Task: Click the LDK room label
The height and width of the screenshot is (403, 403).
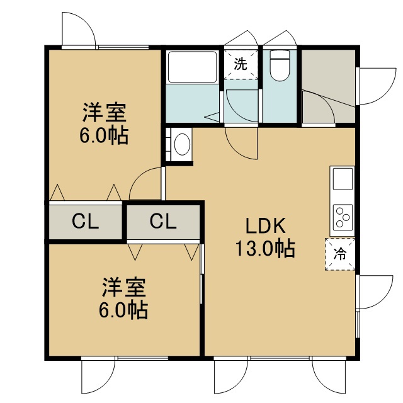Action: click(x=266, y=225)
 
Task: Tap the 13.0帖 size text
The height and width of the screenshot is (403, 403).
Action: click(x=265, y=249)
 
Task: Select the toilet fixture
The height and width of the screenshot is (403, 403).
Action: click(x=280, y=65)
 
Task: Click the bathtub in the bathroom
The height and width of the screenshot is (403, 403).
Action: click(x=192, y=67)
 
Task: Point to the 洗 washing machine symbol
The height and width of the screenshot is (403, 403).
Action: click(x=241, y=64)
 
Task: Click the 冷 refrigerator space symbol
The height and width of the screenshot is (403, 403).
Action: click(x=340, y=254)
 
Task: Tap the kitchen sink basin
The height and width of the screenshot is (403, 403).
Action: click(x=343, y=179)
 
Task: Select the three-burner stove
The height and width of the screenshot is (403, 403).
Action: click(x=343, y=217)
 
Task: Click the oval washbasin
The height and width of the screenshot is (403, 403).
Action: click(x=182, y=144)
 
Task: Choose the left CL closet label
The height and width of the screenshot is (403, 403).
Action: click(x=86, y=221)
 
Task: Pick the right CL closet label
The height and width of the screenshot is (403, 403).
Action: click(x=163, y=221)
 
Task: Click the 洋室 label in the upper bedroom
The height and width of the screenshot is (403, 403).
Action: click(x=105, y=112)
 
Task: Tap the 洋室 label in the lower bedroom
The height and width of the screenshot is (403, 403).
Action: click(x=124, y=287)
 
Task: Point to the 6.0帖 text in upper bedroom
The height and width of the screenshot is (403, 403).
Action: click(x=104, y=135)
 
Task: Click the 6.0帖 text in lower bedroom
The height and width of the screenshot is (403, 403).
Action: click(x=123, y=310)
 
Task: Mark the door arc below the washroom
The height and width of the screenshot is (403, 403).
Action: click(x=238, y=151)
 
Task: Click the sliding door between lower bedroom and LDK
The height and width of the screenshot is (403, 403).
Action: click(x=202, y=274)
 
